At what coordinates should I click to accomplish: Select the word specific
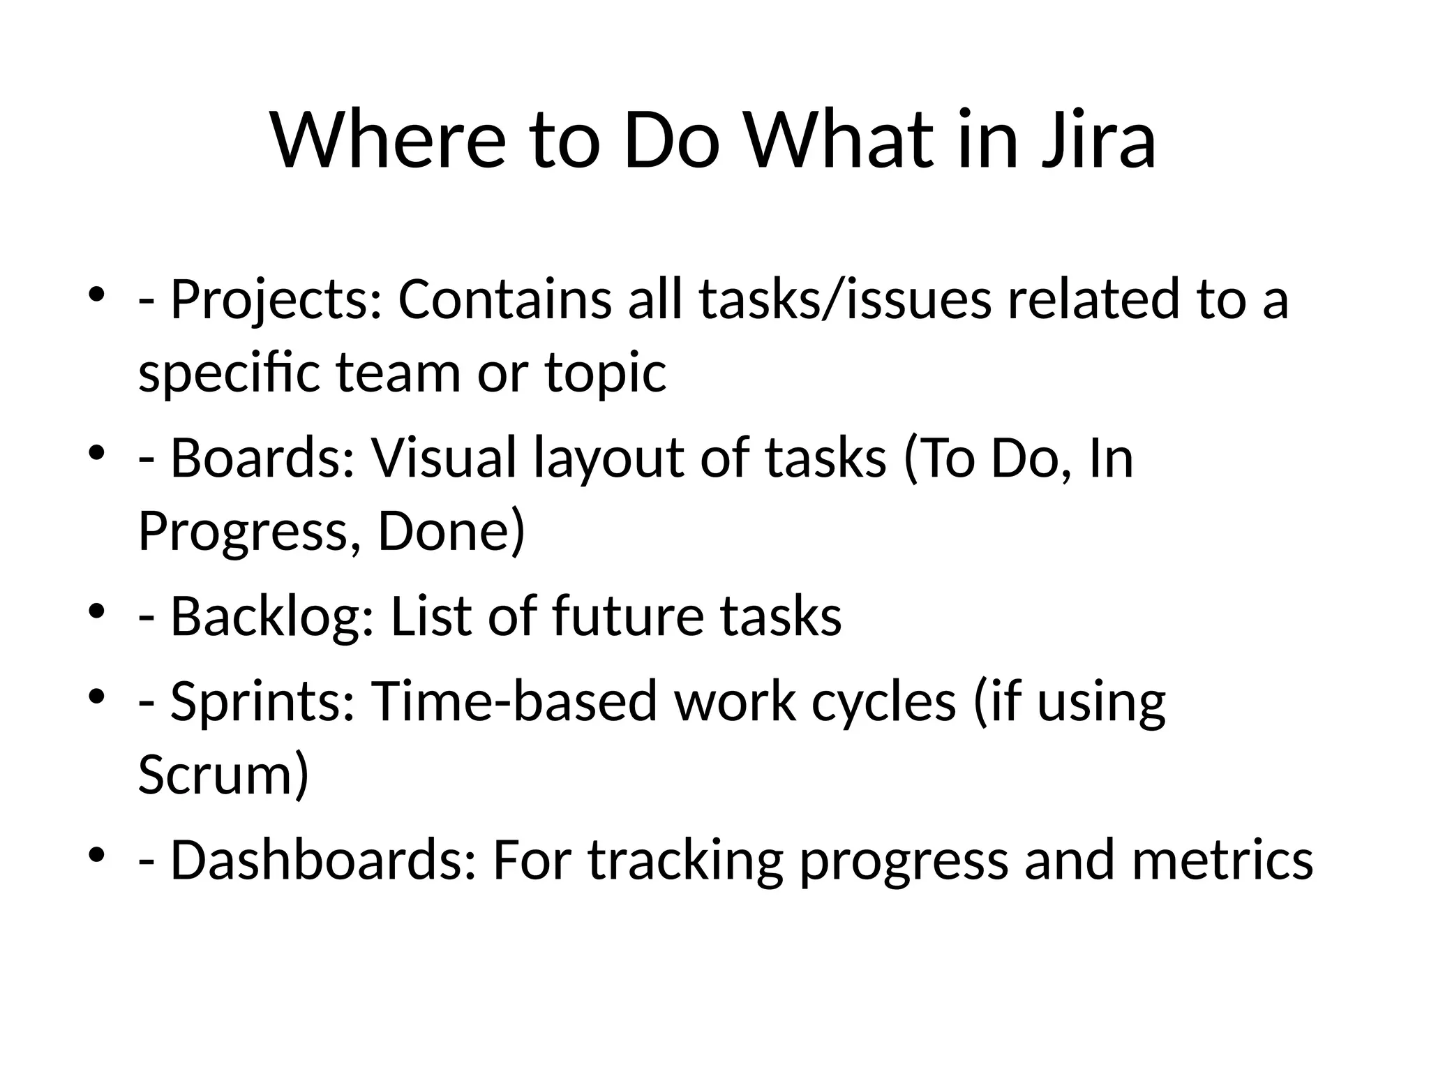[x=229, y=374]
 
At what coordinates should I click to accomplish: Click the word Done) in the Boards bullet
[x=451, y=532]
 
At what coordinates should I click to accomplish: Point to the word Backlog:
[x=272, y=617]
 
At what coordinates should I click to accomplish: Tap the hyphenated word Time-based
[x=514, y=701]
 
